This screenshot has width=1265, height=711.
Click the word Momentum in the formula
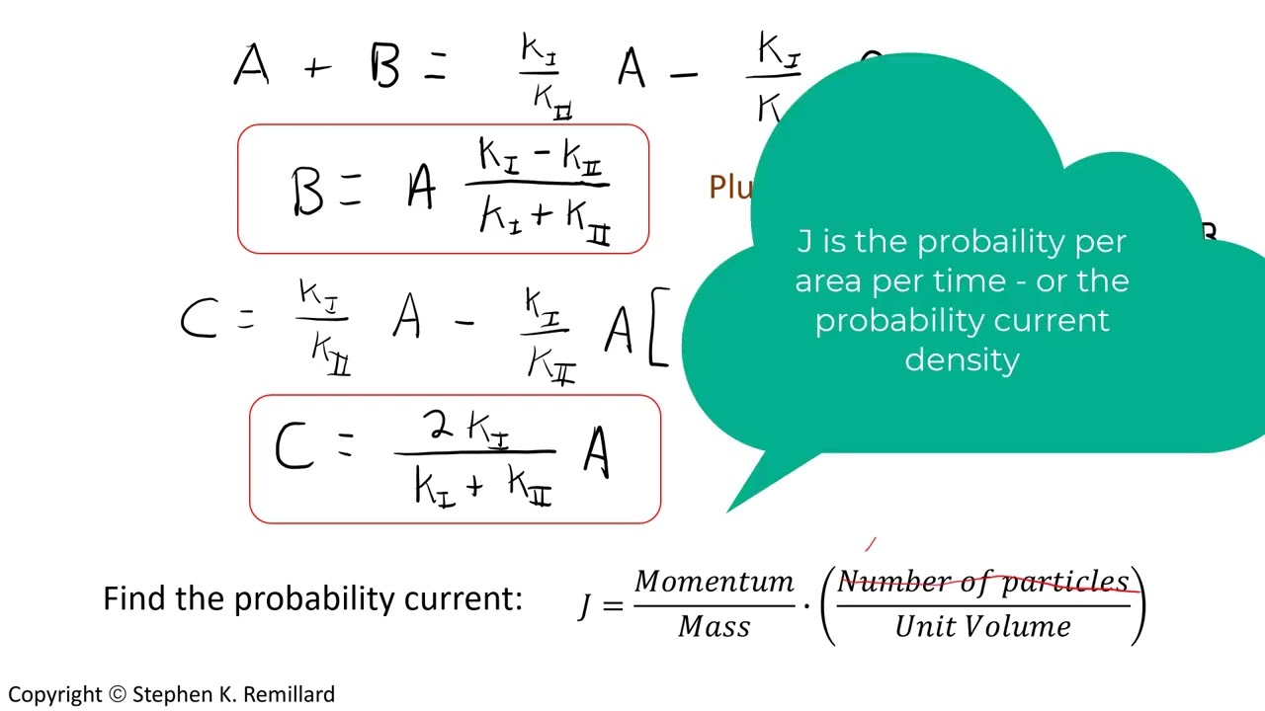coord(714,582)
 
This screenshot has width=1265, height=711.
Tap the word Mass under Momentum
coord(714,626)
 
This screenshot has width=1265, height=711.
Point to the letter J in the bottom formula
coord(585,604)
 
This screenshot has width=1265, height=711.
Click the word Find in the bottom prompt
coord(135,598)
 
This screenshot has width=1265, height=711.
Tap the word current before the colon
coord(459,598)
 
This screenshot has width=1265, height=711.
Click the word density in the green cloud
coord(962,359)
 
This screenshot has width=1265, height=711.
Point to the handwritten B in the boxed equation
coord(307,190)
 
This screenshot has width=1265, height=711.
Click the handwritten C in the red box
coord(294,448)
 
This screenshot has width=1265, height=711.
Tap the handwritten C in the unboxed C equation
coord(199,321)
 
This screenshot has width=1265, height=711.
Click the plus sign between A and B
coord(316,68)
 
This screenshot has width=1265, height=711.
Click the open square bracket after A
coord(658,327)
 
